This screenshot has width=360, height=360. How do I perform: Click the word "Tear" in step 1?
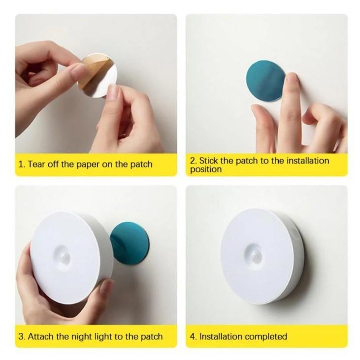[x=37, y=164]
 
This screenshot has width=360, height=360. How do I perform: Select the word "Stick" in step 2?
[x=209, y=161]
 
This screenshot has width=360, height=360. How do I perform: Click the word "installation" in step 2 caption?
[x=308, y=161]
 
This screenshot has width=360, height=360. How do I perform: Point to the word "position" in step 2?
[x=206, y=170]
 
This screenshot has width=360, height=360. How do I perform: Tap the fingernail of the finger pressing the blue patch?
[x=292, y=78]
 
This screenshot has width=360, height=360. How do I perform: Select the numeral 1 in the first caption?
[x=21, y=164]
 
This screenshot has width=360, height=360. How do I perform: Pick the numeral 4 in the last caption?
[x=193, y=336]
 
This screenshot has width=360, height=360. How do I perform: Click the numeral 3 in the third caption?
[x=21, y=336]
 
